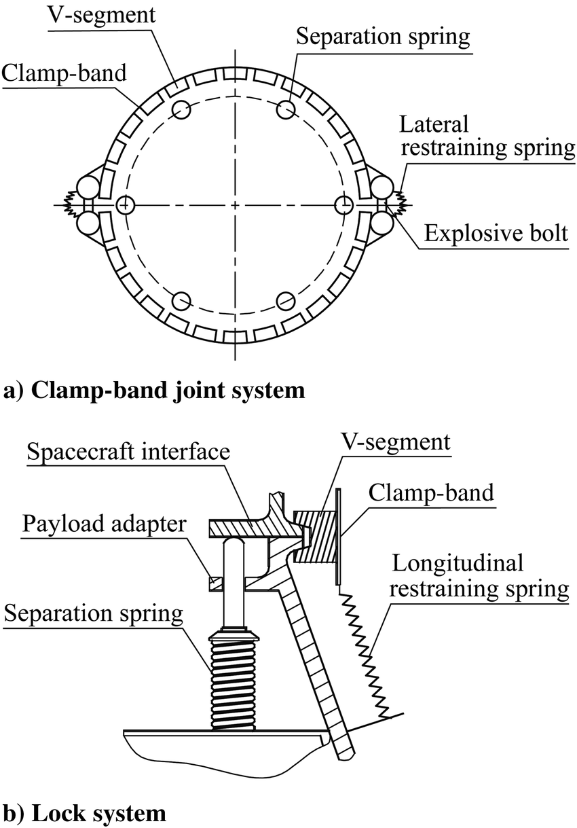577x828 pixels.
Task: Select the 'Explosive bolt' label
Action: (x=496, y=234)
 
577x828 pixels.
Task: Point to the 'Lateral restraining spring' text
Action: (x=487, y=136)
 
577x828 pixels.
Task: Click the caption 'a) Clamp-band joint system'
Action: (x=155, y=391)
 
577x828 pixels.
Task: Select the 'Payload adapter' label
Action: (x=104, y=524)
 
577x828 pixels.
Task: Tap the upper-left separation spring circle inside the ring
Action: (x=182, y=109)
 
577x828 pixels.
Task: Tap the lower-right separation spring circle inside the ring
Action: (x=285, y=300)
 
